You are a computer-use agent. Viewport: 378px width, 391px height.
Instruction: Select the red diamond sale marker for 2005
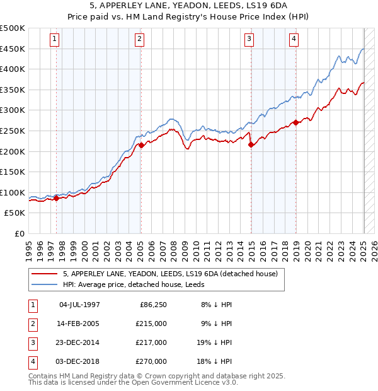[141, 145]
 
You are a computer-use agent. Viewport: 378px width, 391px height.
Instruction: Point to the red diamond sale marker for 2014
[251, 144]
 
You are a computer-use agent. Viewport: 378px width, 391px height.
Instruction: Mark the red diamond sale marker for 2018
[295, 122]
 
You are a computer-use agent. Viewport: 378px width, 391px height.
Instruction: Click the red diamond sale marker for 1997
[56, 198]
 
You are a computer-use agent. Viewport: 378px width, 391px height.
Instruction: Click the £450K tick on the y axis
[13, 49]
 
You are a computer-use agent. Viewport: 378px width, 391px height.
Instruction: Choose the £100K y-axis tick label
[13, 192]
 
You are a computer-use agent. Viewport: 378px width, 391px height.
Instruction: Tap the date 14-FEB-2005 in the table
[79, 324]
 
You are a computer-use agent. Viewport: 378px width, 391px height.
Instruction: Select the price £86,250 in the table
[152, 305]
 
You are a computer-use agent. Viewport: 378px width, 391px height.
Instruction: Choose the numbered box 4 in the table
[31, 361]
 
